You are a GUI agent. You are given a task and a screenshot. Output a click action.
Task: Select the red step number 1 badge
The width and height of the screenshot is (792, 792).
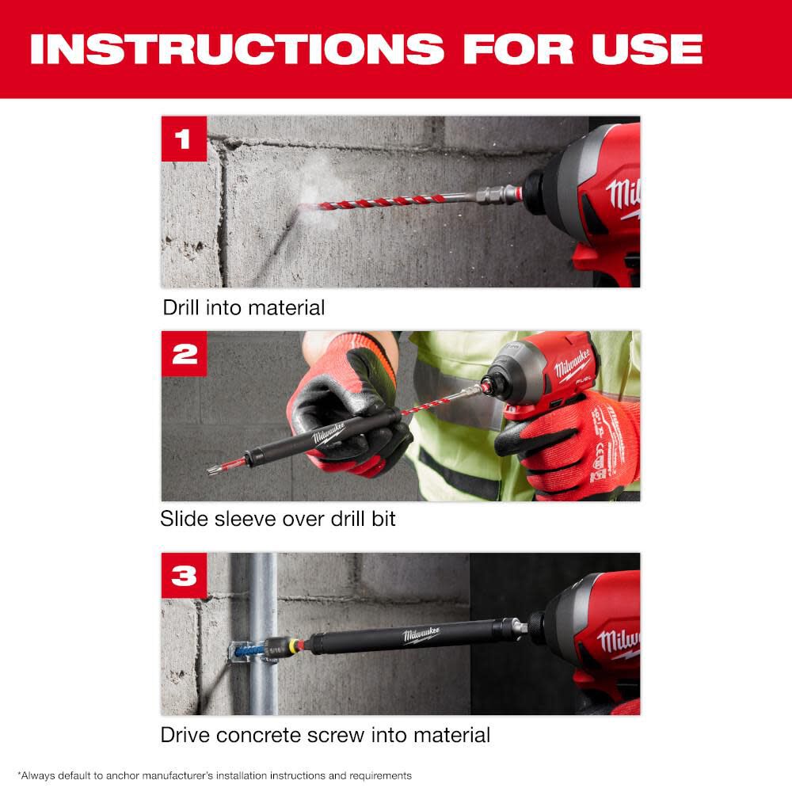[184, 139]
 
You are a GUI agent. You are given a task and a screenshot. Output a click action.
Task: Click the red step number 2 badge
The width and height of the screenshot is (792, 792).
[184, 354]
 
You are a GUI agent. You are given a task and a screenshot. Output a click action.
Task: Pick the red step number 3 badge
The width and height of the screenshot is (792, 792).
[184, 576]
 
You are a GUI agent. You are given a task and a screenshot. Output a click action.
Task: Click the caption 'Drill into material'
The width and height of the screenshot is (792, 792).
[243, 307]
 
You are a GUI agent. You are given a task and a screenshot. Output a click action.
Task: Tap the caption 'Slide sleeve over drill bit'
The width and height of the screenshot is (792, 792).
[278, 519]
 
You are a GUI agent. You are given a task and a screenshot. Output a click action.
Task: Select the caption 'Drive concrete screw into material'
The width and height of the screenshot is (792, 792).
[325, 734]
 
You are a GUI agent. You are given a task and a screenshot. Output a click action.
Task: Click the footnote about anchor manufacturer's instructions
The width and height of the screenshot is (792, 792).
[215, 775]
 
